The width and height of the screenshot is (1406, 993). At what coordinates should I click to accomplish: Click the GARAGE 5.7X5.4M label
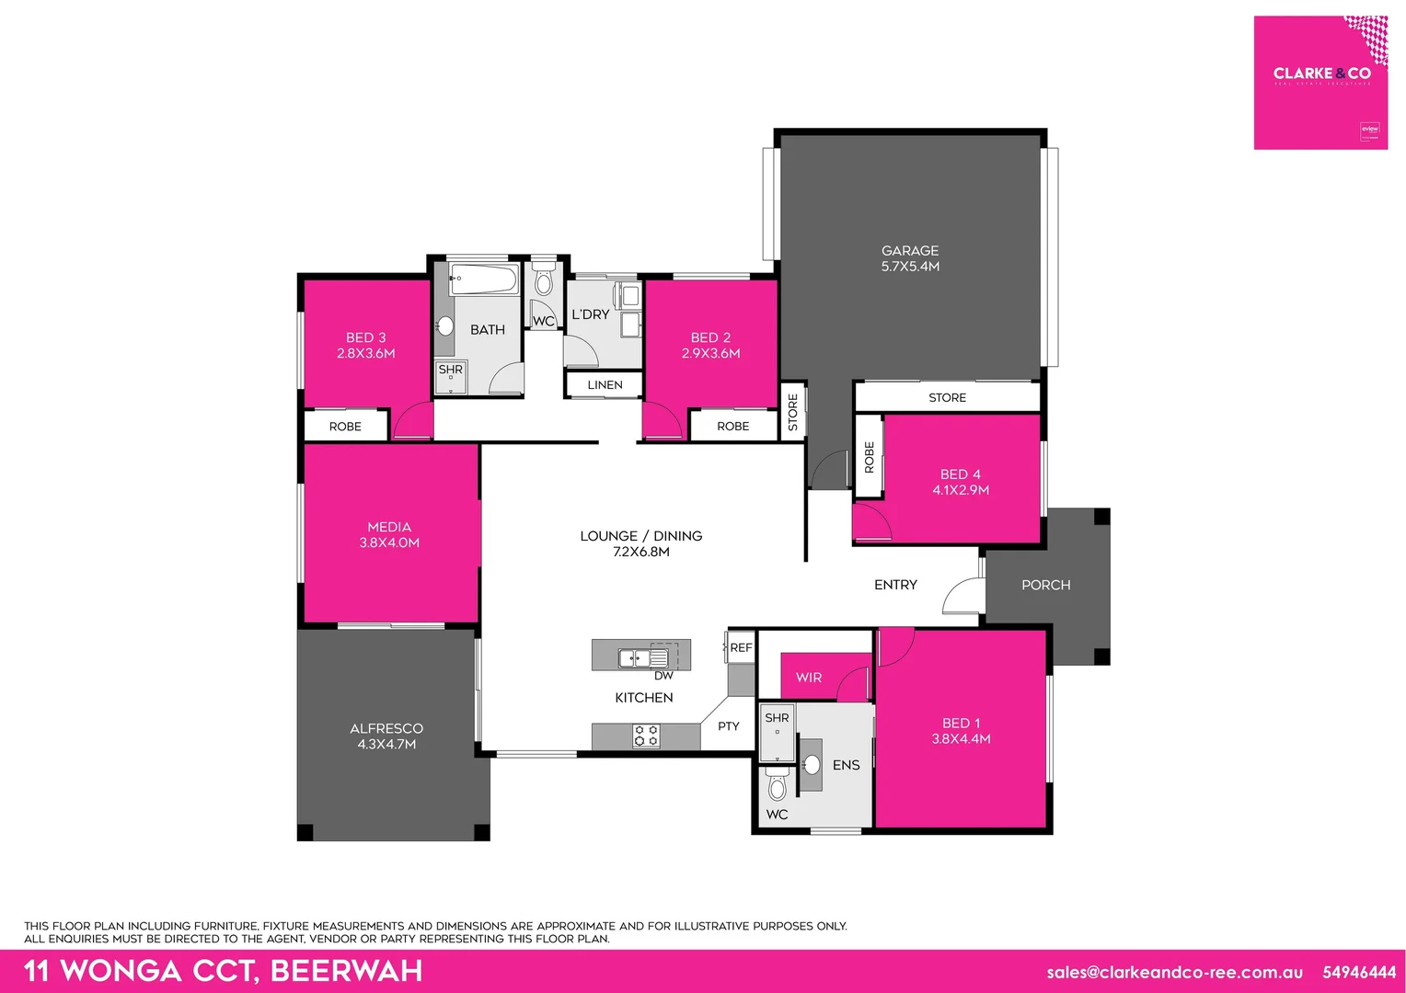(x=910, y=258)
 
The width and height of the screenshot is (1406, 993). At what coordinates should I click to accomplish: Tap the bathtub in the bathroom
(x=484, y=279)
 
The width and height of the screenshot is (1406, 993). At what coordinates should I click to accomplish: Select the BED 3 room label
(x=366, y=345)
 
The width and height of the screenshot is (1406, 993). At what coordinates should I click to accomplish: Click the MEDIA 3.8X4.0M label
(x=389, y=534)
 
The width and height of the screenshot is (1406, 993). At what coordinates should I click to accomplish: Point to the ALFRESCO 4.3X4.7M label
(x=386, y=736)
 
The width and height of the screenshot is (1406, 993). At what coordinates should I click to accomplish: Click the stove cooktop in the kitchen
(x=646, y=735)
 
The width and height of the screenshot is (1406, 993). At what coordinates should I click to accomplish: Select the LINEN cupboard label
(x=605, y=385)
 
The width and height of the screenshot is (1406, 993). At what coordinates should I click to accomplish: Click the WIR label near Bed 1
(x=809, y=678)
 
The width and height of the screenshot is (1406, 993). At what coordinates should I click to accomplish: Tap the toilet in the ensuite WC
(x=777, y=785)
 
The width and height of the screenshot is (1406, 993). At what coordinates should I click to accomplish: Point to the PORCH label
(x=1045, y=585)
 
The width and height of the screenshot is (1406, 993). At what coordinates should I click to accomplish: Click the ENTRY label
(x=895, y=585)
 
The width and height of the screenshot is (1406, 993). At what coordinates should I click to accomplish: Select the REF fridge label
(x=741, y=647)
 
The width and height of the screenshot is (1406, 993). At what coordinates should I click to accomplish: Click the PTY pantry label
(x=728, y=726)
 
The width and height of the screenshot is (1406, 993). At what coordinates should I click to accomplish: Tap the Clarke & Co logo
(x=1320, y=82)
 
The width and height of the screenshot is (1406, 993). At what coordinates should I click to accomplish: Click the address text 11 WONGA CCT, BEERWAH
(x=223, y=971)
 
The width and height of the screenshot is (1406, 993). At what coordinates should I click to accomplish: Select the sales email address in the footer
(x=1174, y=972)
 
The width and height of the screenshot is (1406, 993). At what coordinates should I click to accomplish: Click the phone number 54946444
(x=1359, y=972)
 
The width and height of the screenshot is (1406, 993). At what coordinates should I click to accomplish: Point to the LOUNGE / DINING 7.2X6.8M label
(x=640, y=543)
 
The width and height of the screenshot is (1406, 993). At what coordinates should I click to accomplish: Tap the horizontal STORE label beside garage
(x=947, y=397)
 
